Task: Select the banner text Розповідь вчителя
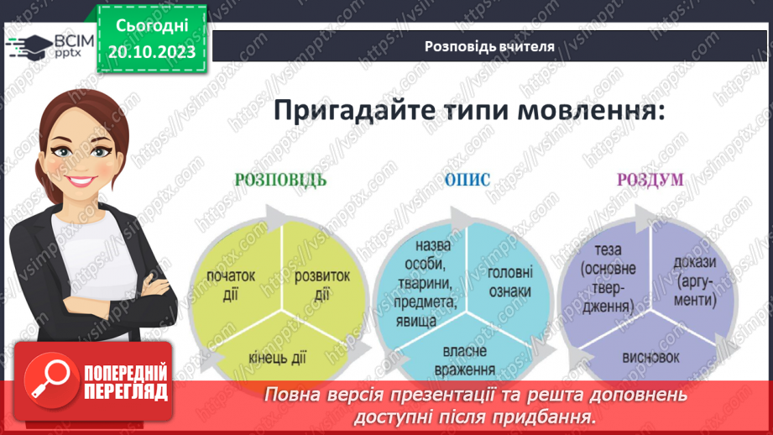[x=489, y=46]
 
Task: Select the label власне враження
[x=470, y=361]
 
